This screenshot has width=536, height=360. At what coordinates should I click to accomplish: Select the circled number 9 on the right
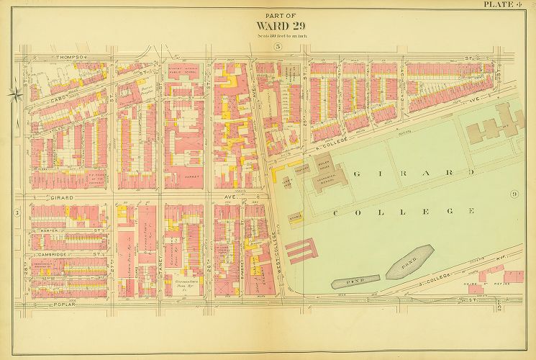[x=514, y=194]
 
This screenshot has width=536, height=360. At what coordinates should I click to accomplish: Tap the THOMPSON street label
[x=72, y=56]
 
